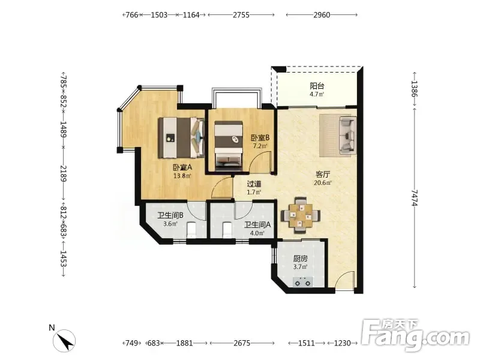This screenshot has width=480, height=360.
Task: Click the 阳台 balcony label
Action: (x=317, y=86)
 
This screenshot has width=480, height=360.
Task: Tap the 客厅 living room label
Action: (x=323, y=175)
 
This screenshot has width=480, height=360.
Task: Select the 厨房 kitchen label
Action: (x=301, y=259)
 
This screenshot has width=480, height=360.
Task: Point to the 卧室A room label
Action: (x=182, y=167)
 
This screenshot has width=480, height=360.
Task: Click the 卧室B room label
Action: (x=260, y=137)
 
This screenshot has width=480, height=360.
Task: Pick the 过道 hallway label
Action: (x=254, y=184)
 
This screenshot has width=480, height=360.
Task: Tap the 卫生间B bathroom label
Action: (x=170, y=215)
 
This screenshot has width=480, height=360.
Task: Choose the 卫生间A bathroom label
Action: (x=257, y=225)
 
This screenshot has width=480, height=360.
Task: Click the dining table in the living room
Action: (x=301, y=215)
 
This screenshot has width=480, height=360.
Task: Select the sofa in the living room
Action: (x=348, y=134)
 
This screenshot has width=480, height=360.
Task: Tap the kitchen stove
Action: (x=303, y=282)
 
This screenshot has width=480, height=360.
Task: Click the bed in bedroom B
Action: (x=229, y=146)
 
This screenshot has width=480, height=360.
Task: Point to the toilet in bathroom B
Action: (x=191, y=230)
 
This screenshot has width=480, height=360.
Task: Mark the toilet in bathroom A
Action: (x=227, y=230)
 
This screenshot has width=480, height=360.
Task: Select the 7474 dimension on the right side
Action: (x=415, y=198)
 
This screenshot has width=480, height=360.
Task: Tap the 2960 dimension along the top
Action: (x=322, y=14)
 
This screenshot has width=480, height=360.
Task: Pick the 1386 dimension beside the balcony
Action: (x=415, y=89)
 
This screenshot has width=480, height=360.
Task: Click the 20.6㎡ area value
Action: (x=323, y=183)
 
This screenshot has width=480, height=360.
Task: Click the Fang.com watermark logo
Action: (x=416, y=335)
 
